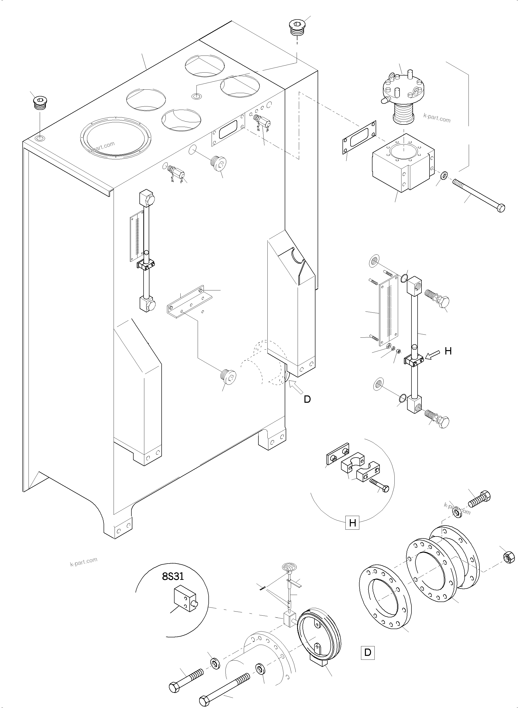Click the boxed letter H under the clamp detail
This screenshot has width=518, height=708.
352,523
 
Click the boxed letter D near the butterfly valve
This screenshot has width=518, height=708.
368,652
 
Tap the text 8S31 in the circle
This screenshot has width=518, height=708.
173,576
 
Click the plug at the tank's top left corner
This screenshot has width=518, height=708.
40,104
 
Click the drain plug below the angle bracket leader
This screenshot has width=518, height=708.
228,376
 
